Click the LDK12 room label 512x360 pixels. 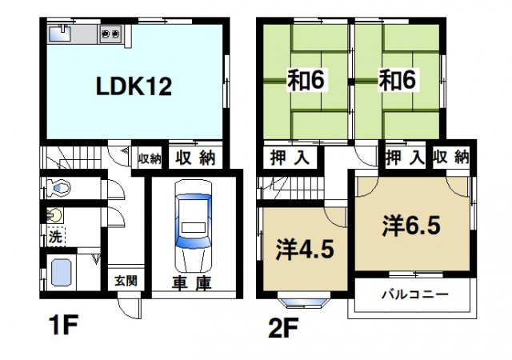click(x=134, y=86)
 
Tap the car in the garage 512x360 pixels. click(x=193, y=226)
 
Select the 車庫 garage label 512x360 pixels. click(x=192, y=283)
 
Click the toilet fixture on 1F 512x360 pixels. click(x=58, y=187)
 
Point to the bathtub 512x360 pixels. click(x=62, y=273)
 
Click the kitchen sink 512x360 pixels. click(x=60, y=34)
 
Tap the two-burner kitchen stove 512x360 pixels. click(x=110, y=34)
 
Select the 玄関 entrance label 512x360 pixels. click(x=126, y=281)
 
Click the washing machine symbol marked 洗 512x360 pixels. click(x=56, y=236)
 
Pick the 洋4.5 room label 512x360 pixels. click(x=305, y=250)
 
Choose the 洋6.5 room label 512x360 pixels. click(x=410, y=226)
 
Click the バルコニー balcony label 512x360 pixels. click(x=415, y=294)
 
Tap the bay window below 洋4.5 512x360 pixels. click(x=304, y=302)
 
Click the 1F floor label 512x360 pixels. click(x=62, y=325)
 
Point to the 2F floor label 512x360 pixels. click(x=282, y=329)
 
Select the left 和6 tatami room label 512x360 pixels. click(x=306, y=80)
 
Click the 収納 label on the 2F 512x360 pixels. click(x=451, y=158)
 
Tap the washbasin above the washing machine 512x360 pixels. click(x=54, y=215)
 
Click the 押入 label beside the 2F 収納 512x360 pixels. click(x=405, y=158)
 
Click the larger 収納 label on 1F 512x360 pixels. click(x=195, y=158)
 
